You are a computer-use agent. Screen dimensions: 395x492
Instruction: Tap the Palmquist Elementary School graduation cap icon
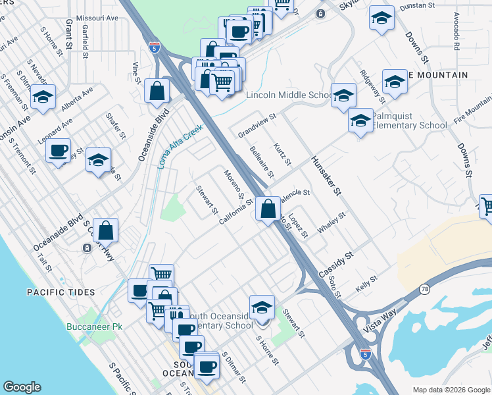tap(360, 121)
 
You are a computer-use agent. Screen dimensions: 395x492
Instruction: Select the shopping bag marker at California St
tap(268, 210)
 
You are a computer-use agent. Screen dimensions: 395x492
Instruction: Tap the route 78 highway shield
tap(426, 290)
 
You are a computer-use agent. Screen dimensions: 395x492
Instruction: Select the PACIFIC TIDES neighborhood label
tap(61, 292)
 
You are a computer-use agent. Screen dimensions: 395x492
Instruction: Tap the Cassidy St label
tap(337, 263)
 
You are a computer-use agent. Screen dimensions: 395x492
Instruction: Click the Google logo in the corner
tap(22, 387)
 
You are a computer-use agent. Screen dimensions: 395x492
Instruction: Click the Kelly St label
tap(366, 284)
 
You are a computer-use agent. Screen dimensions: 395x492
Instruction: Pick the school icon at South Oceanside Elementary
tap(262, 308)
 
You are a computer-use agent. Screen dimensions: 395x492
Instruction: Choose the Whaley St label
tap(332, 222)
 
